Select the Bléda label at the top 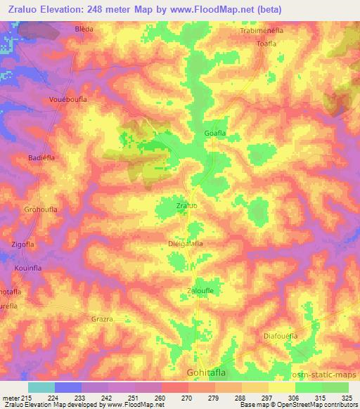point(84,30)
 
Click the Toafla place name point(269,43)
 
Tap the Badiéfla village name point(41,159)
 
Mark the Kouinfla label point(31,268)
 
